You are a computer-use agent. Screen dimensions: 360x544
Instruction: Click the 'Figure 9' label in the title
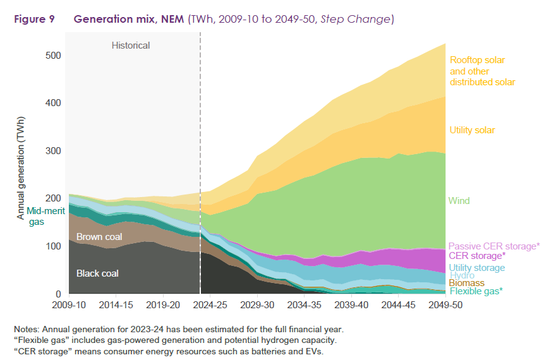pos(33,19)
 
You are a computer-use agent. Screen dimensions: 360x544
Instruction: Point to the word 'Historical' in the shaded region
pos(131,45)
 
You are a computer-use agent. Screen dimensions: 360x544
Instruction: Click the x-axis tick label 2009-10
pos(69,304)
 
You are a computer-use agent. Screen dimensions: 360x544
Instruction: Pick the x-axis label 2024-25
pos(210,304)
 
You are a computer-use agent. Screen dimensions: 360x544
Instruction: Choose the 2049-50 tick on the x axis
pos(445,304)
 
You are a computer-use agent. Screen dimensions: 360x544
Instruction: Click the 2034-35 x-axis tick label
pos(304,304)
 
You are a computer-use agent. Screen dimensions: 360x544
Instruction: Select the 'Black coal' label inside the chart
pos(97,273)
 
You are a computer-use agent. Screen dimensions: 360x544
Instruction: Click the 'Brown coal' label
pos(100,237)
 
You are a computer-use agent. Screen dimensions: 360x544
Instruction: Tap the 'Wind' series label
pos(459,201)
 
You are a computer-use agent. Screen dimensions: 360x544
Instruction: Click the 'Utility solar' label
pos(472,130)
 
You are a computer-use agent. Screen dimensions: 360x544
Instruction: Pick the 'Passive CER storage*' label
pos(493,246)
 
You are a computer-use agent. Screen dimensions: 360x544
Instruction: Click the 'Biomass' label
pos(466,283)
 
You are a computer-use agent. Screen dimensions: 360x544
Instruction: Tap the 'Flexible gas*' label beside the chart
pos(476,291)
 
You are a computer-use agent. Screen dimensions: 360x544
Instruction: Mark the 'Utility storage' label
pos(476,268)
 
